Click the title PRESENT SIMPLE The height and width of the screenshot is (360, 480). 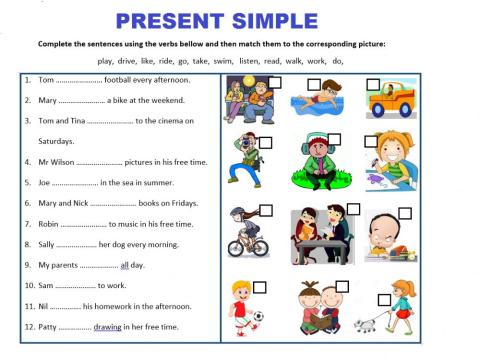[x=216, y=19]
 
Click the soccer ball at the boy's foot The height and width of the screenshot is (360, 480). [x=258, y=319]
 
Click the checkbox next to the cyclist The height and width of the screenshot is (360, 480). [x=266, y=212]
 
